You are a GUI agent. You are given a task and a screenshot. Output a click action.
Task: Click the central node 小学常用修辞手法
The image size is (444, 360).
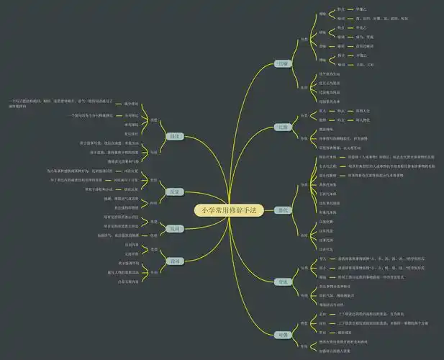pos(224,210)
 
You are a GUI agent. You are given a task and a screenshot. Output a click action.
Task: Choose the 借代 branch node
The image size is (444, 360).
pos(284,210)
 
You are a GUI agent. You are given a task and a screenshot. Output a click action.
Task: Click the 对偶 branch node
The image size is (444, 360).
pos(284,335)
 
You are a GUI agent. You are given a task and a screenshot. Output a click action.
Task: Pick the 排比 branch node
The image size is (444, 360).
pos(173,136)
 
